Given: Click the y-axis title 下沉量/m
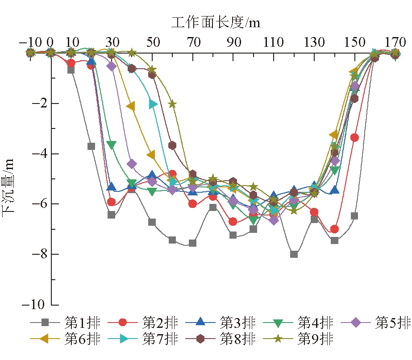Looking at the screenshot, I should click(10, 187).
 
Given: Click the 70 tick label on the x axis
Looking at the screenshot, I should click(193, 42).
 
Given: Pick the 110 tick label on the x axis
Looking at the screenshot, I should click(274, 42).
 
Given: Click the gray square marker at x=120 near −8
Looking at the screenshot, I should click(294, 254).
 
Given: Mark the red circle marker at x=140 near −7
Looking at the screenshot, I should click(334, 229).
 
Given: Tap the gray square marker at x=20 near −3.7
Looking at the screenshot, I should click(91, 146).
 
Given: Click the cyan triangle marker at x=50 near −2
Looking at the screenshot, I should click(153, 104).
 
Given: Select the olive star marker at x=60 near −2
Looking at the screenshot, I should click(172, 104).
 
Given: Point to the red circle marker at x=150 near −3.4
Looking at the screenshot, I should click(355, 138).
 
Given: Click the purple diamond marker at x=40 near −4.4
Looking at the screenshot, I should click(132, 164).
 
